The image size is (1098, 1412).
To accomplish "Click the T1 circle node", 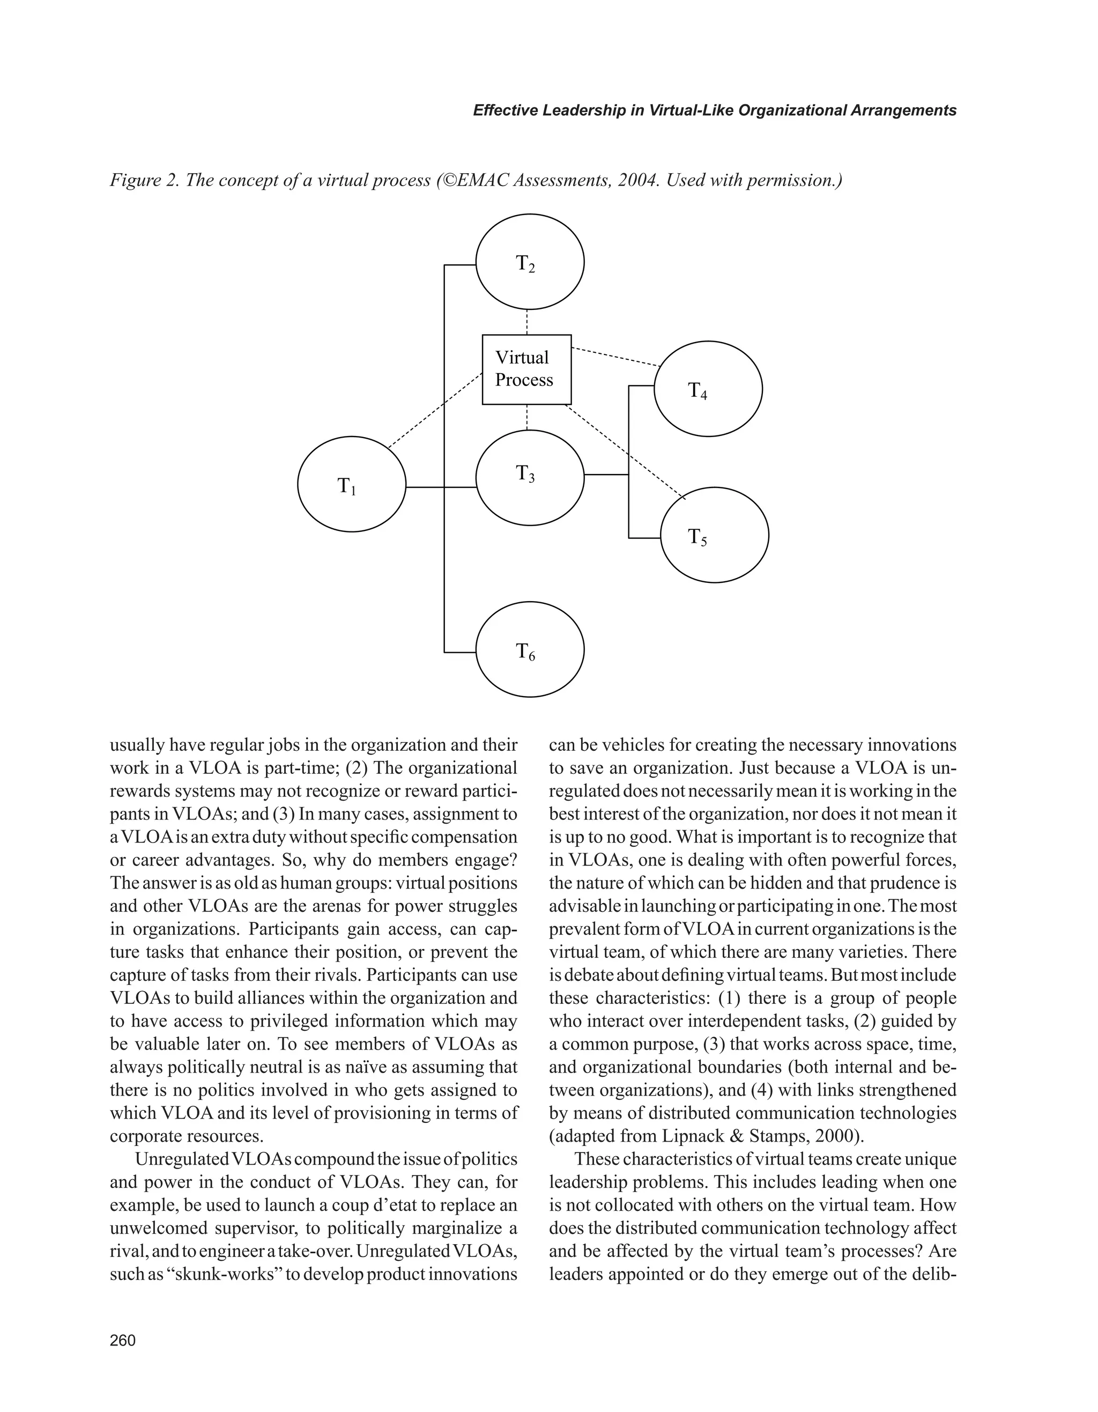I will pos(352,484).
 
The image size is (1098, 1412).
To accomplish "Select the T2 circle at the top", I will pos(530,262).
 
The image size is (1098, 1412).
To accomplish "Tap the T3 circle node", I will pos(530,477).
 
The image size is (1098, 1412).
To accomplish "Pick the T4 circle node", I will pos(708,389).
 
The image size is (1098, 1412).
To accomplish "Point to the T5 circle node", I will pos(715,535).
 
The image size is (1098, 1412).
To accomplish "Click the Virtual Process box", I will pos(526,369).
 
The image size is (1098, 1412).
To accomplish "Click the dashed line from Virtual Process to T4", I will pos(615,358).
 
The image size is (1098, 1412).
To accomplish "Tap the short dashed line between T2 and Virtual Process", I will pos(528,322).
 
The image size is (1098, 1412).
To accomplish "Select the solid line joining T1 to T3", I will pos(441,487).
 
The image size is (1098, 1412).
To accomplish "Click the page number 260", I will pos(123,1340).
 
